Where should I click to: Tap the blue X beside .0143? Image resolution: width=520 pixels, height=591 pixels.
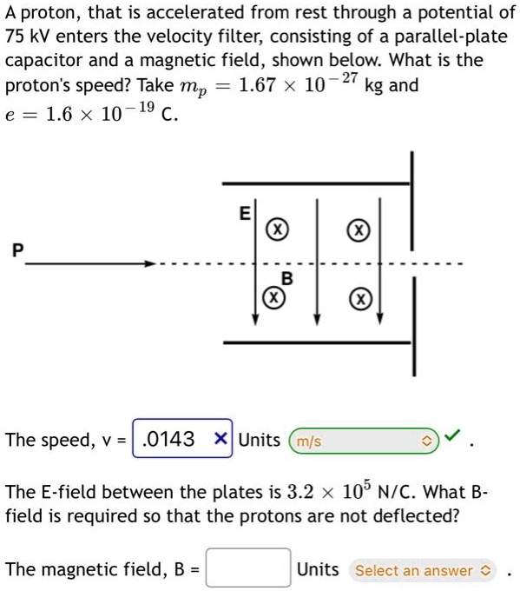(x=222, y=439)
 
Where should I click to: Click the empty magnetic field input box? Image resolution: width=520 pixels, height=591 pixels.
(x=248, y=569)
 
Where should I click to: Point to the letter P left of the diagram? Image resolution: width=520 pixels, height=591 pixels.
(x=14, y=251)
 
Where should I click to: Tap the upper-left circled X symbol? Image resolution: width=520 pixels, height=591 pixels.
(x=276, y=230)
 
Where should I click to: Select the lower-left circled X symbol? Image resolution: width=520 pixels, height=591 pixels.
(x=273, y=298)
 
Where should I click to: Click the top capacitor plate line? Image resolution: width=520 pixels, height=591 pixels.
(x=316, y=183)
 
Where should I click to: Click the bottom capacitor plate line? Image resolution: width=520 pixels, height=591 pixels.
(x=316, y=342)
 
